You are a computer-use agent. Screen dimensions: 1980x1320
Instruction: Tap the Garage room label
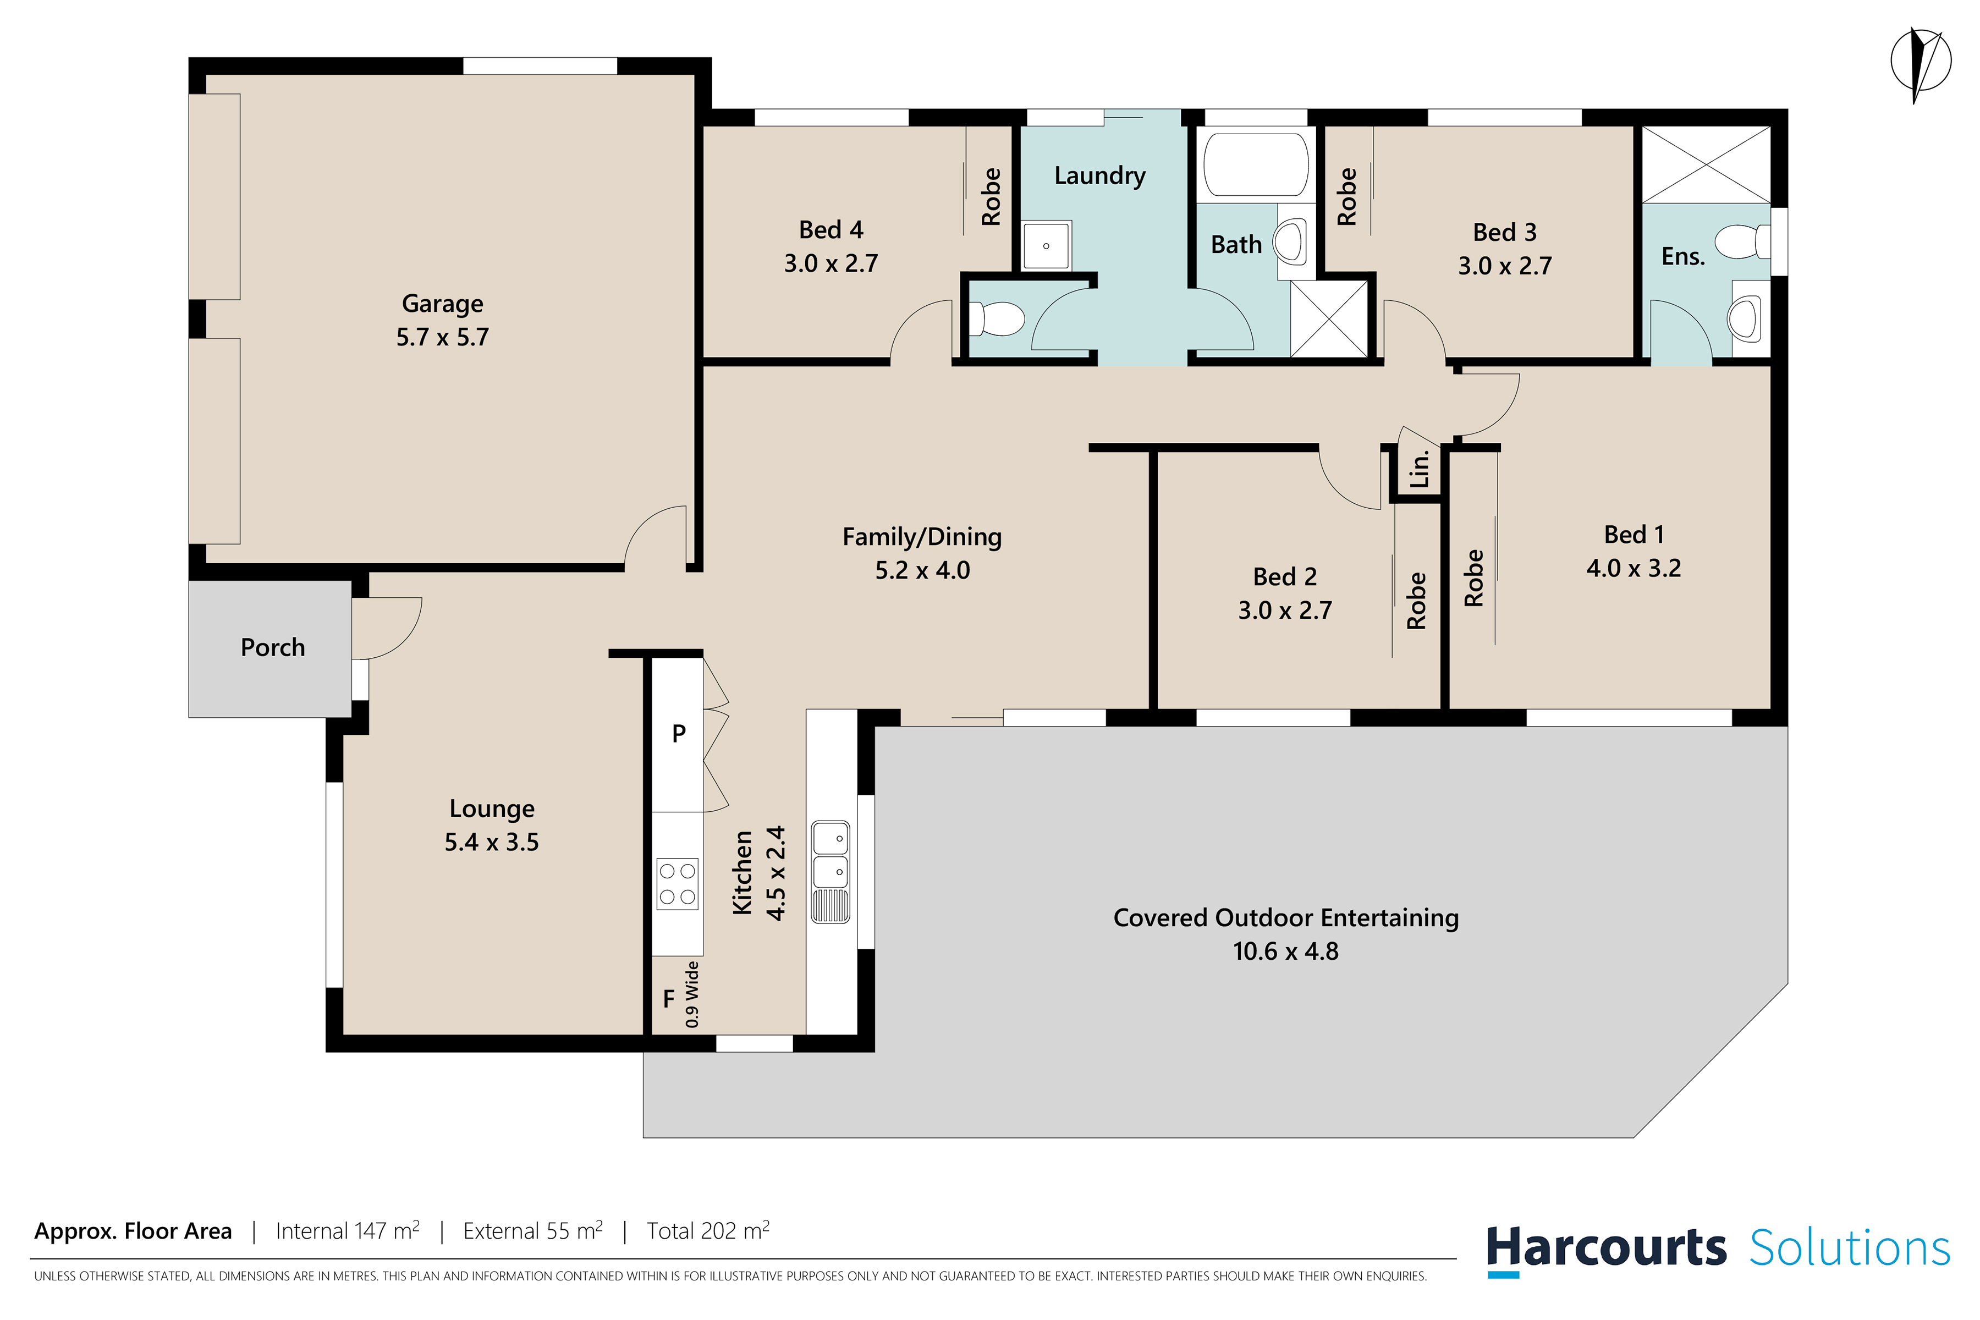coord(442,304)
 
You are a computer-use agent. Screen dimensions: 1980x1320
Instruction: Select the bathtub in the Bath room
coord(1255,165)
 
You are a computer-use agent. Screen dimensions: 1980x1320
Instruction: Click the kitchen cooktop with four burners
coord(678,884)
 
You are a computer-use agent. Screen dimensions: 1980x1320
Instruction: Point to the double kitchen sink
coord(830,872)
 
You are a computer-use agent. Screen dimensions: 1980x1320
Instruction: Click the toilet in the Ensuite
coord(1742,241)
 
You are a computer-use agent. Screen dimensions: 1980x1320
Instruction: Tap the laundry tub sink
coord(1047,246)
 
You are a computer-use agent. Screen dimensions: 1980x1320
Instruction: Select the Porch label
coord(273,647)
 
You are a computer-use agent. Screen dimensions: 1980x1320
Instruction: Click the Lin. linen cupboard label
coord(1420,469)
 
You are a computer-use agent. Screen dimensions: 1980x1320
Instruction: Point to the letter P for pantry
coord(679,734)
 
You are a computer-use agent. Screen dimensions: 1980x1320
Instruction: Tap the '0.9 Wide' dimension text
coord(692,994)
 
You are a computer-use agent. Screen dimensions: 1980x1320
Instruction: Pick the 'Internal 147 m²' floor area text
coord(348,1231)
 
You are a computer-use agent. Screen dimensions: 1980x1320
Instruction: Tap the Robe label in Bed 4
coord(991,197)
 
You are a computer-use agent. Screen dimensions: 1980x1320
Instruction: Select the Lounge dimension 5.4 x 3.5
coord(492,842)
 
